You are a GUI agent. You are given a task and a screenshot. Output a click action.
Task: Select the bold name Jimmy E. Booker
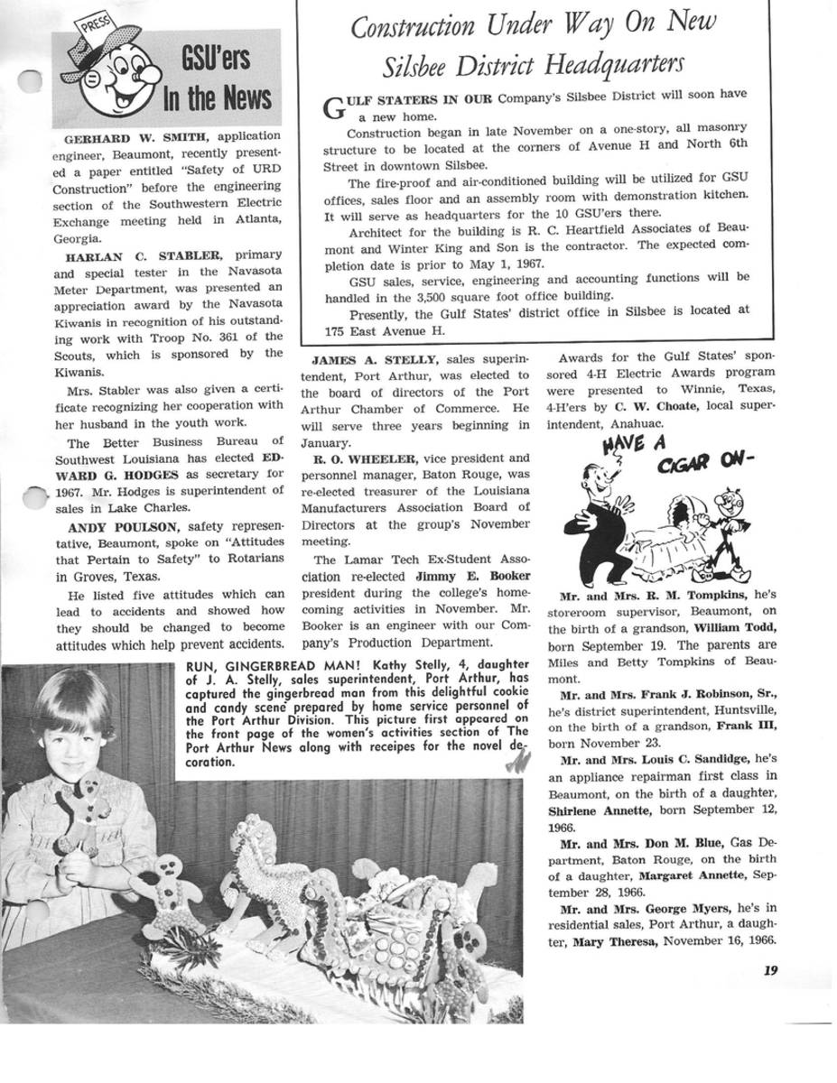(472, 576)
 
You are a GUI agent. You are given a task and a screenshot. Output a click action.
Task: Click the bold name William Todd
(734, 627)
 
